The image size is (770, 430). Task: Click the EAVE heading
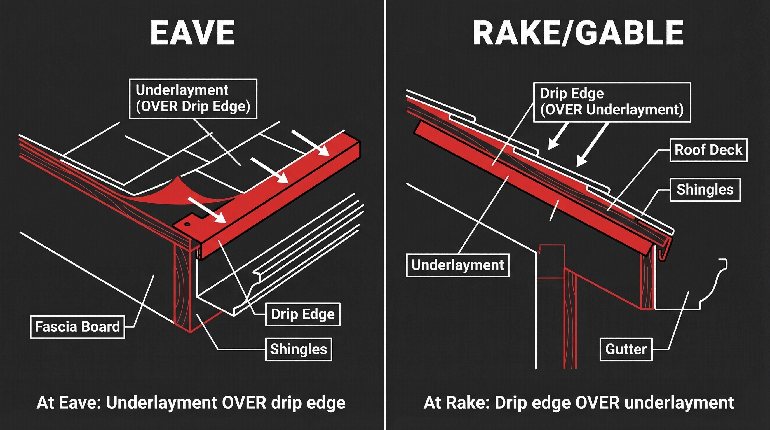(x=192, y=32)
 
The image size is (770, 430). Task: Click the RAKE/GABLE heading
(x=578, y=32)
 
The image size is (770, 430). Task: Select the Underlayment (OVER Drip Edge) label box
(x=193, y=99)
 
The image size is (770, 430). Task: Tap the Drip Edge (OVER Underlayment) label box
(x=612, y=102)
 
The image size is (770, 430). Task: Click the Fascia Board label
(x=78, y=326)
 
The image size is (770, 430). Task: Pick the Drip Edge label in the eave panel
(x=302, y=314)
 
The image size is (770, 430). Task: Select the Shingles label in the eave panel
(x=298, y=349)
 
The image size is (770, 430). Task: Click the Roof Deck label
(x=708, y=150)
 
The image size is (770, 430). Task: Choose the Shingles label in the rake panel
(x=705, y=190)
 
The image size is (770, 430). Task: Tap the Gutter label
(x=626, y=349)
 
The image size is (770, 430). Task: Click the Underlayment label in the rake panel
(x=457, y=265)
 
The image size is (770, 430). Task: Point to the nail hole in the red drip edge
(x=187, y=224)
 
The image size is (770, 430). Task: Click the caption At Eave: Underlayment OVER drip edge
(x=191, y=403)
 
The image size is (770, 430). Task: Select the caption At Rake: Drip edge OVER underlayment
(x=578, y=403)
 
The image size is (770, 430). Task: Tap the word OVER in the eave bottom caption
(x=244, y=403)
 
